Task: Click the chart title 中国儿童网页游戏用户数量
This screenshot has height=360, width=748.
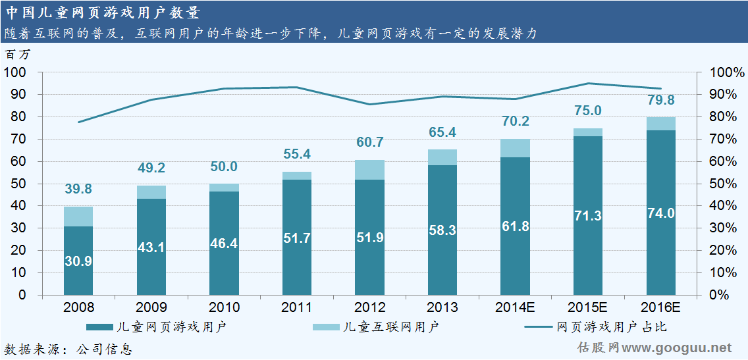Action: (x=103, y=12)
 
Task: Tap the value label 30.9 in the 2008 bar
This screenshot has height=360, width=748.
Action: (x=78, y=261)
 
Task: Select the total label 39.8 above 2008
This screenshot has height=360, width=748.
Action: (x=78, y=190)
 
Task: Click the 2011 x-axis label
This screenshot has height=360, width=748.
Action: (x=296, y=307)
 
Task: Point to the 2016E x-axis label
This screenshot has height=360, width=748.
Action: (x=661, y=307)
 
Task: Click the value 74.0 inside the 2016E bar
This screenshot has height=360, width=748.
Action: (x=661, y=213)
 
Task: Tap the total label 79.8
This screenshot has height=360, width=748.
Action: (x=661, y=100)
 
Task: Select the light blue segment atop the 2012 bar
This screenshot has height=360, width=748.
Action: (x=369, y=170)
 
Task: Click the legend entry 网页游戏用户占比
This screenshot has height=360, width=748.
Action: (x=612, y=326)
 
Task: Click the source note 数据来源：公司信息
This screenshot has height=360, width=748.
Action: (x=68, y=349)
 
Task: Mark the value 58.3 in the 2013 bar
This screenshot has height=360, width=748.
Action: (x=442, y=230)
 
